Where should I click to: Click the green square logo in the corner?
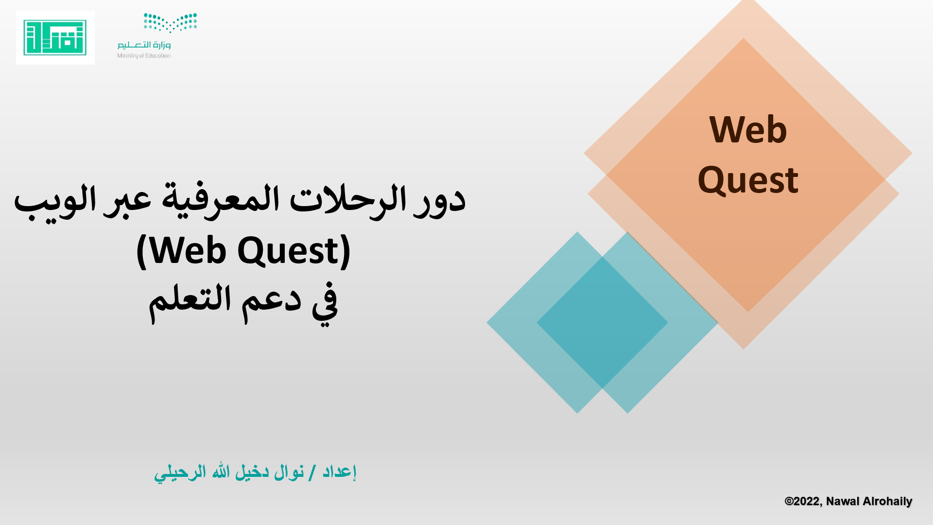pos(55,37)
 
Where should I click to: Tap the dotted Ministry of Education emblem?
pos(170,22)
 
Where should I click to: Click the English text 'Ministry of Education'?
pos(144,56)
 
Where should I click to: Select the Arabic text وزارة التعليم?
pos(144,45)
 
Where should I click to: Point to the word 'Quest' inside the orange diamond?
pos(748,180)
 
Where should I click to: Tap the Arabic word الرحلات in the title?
pos(347,200)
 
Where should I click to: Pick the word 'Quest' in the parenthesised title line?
pos(294,251)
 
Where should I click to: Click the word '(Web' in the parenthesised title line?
pos(182,251)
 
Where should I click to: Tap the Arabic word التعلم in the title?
pos(190,300)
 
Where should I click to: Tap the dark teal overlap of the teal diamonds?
pos(602,322)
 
